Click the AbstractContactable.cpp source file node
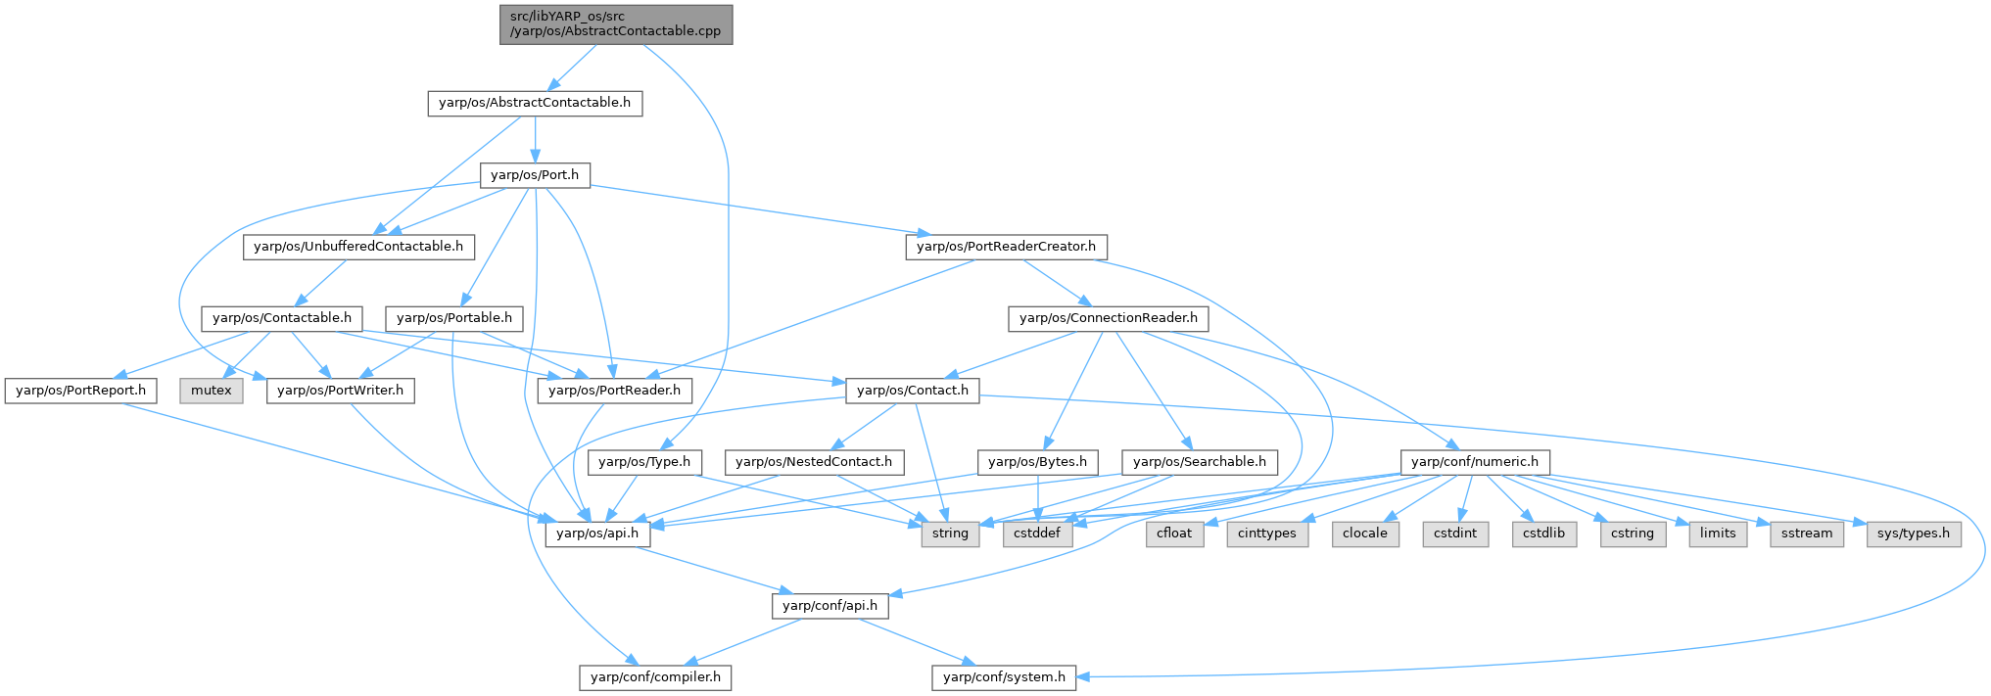[x=615, y=23]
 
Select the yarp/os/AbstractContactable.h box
[x=535, y=103]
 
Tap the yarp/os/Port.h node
[x=535, y=175]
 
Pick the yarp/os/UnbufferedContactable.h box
[x=358, y=247]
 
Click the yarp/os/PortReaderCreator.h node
[x=1006, y=247]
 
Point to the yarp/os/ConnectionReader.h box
[x=1109, y=318]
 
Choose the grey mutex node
[x=212, y=391]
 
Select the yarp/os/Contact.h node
[x=913, y=391]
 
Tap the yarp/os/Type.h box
[x=644, y=462]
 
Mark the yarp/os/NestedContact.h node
[x=814, y=462]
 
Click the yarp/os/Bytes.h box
[x=1038, y=462]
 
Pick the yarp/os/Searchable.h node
[x=1200, y=462]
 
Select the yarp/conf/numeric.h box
[x=1475, y=462]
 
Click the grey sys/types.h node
[x=1914, y=534]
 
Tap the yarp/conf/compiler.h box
[x=655, y=677]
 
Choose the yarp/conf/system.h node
[x=1004, y=677]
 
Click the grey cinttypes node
[x=1267, y=534]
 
